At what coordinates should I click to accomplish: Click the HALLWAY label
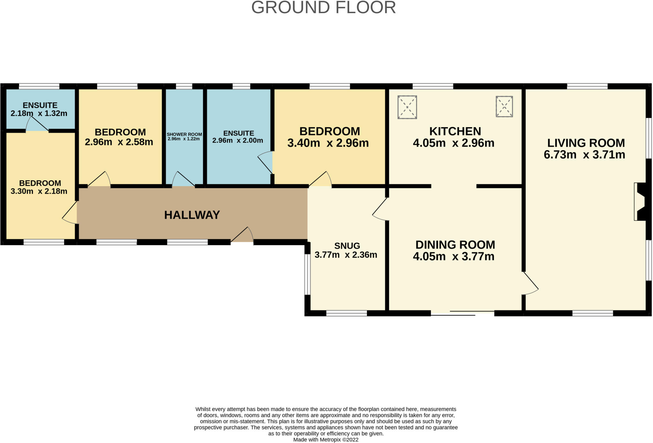pyautogui.click(x=192, y=215)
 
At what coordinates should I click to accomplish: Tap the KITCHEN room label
pyautogui.click(x=455, y=131)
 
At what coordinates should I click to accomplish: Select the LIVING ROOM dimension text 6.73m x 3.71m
pyautogui.click(x=584, y=154)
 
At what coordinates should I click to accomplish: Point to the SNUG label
pyautogui.click(x=347, y=246)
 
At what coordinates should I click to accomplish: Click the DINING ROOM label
pyautogui.click(x=455, y=245)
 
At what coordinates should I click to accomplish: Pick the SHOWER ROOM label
pyautogui.click(x=184, y=134)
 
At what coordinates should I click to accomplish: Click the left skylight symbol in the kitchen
pyautogui.click(x=407, y=107)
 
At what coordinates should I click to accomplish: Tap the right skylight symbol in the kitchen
pyautogui.click(x=504, y=107)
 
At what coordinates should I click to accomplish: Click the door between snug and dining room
pyautogui.click(x=380, y=209)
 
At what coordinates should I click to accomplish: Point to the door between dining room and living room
pyautogui.click(x=530, y=283)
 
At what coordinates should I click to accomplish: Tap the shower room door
pyautogui.click(x=184, y=179)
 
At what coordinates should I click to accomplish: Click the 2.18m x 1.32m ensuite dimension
pyautogui.click(x=39, y=113)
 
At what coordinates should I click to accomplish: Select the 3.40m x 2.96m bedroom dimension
pyautogui.click(x=328, y=143)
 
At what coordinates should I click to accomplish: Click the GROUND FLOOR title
pyautogui.click(x=324, y=7)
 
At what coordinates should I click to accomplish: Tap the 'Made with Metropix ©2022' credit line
pyautogui.click(x=326, y=439)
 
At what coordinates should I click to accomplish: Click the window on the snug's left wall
pyautogui.click(x=307, y=274)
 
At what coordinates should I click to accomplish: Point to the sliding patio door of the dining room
pyautogui.click(x=462, y=313)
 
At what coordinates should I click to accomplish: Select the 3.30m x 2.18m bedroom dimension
pyautogui.click(x=39, y=191)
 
